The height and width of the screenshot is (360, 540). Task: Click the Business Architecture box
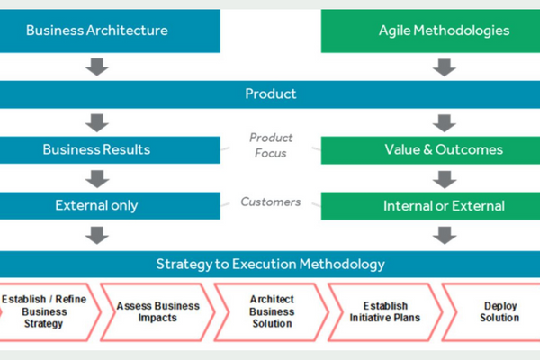pos(110,31)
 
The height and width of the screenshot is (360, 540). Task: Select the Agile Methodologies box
pos(430,31)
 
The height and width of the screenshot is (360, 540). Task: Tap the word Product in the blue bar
pos(271,94)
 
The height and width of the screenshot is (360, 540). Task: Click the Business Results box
pos(110,150)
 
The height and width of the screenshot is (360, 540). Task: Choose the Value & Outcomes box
pos(430,150)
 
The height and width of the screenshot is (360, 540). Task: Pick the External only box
pos(110,206)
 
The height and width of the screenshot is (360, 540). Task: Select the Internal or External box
pos(430,206)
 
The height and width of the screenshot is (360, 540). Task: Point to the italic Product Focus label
pos(271,146)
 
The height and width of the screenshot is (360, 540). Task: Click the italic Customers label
pos(271,202)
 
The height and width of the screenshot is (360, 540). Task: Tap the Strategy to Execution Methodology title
pos(271,265)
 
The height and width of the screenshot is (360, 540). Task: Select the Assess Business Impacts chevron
pos(157,312)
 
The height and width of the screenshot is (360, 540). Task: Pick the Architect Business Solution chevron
pos(272,312)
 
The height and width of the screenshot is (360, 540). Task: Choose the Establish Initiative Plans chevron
pos(385,312)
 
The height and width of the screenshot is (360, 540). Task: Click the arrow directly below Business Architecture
pos(97,67)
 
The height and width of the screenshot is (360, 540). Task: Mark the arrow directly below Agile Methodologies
pos(445,67)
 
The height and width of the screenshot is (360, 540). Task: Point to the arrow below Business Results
pos(97,179)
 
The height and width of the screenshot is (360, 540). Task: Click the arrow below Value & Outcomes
pos(445,179)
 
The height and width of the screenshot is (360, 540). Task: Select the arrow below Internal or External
pos(445,235)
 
